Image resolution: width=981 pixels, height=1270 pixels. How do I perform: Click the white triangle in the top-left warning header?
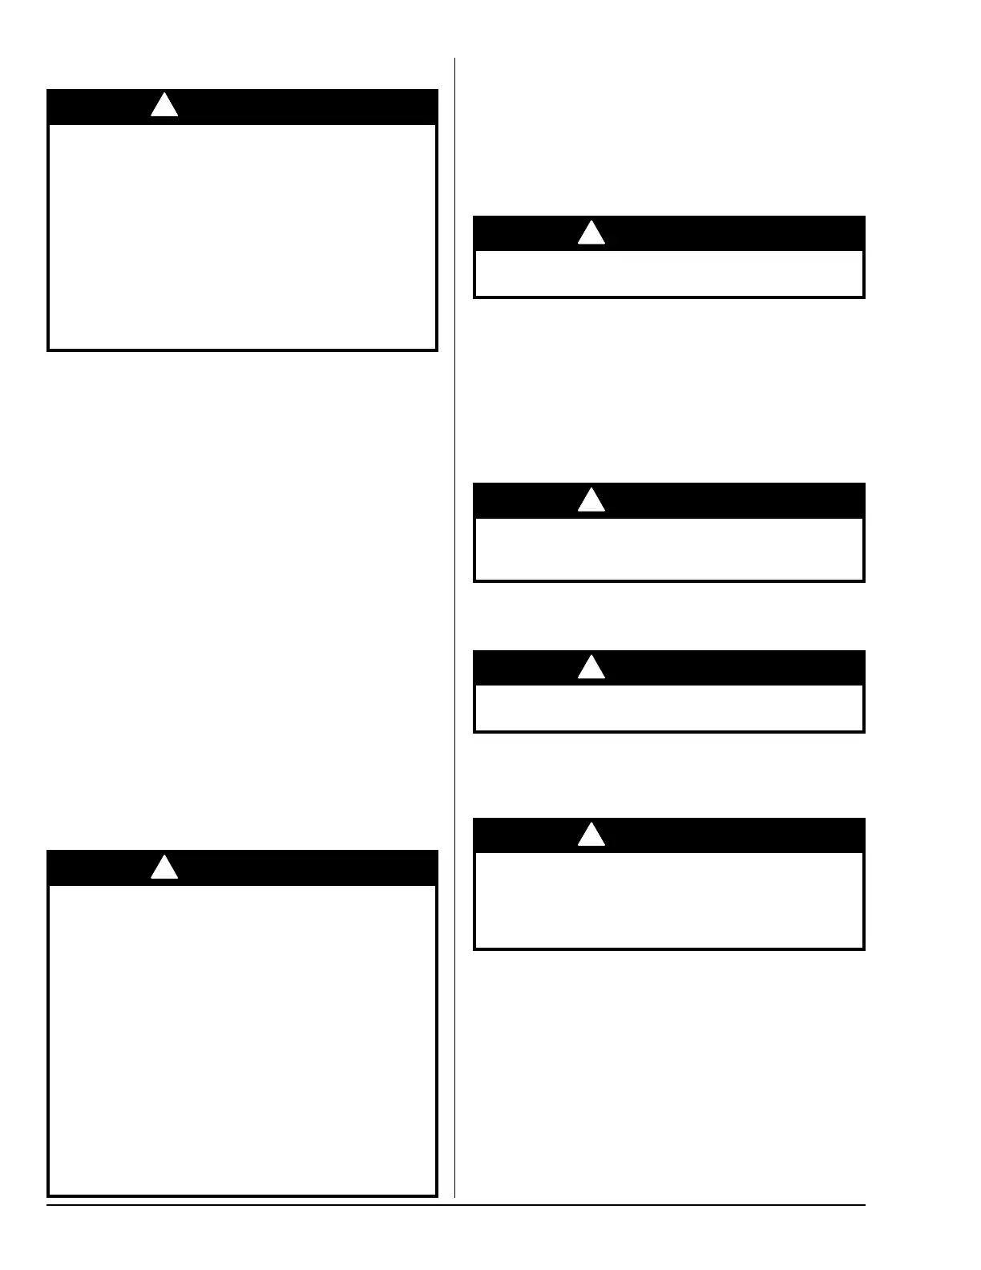coord(164,106)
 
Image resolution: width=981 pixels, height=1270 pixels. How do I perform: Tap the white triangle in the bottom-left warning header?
coord(164,868)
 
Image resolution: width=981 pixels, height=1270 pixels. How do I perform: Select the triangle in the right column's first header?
coord(591,233)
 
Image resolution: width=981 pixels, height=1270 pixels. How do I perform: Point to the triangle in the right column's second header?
coord(591,501)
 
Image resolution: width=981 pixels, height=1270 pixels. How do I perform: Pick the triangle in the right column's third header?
coord(591,668)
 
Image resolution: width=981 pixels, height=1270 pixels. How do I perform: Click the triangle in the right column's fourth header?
coord(591,835)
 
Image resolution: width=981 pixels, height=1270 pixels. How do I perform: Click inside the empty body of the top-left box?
coord(242,237)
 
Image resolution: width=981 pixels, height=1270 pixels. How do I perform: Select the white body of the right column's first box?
coord(669,273)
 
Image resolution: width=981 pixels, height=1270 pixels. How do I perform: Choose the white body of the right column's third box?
coord(669,708)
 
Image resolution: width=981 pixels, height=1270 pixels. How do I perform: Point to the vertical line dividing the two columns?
coord(455,625)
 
